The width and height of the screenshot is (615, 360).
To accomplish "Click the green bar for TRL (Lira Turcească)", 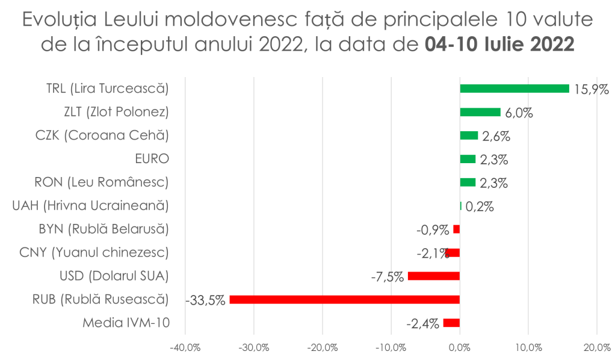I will click(515, 88).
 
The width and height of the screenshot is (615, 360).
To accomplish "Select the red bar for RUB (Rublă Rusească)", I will click(345, 299).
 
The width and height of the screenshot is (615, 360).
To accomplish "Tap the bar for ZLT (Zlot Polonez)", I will click(480, 112).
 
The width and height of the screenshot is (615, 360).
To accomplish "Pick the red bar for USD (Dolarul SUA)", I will click(434, 276).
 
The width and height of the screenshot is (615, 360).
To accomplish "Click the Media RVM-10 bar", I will click(451, 323).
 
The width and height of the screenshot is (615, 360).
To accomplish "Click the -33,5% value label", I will click(206, 300).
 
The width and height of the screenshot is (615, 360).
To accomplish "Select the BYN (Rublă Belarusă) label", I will click(102, 229).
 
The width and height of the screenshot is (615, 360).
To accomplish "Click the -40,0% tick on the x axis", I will click(185, 347).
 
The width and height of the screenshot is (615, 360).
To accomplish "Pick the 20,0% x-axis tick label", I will click(596, 347).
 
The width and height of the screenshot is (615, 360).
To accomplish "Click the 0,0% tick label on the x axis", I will click(460, 347).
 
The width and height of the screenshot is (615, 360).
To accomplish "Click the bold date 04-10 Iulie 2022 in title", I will click(499, 45).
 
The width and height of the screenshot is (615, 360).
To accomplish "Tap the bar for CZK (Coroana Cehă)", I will click(469, 135).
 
